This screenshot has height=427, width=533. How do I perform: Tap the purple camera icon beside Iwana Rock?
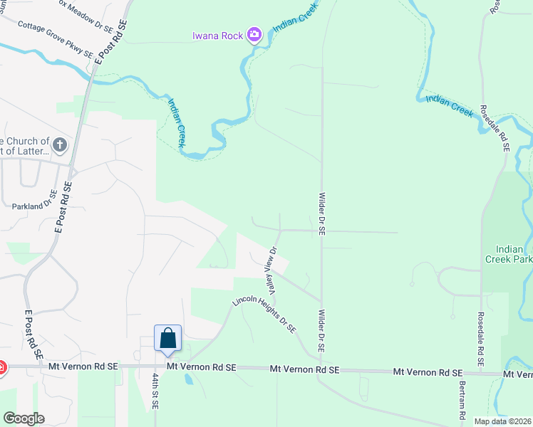click(x=254, y=35)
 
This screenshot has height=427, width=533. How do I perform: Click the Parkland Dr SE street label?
click(x=34, y=202)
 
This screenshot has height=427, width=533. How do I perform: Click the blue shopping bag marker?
click(x=167, y=338)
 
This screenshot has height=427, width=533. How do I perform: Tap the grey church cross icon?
click(x=60, y=146)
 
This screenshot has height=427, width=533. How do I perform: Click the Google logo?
click(x=24, y=418)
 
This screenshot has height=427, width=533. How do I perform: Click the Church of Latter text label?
click(x=25, y=146)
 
